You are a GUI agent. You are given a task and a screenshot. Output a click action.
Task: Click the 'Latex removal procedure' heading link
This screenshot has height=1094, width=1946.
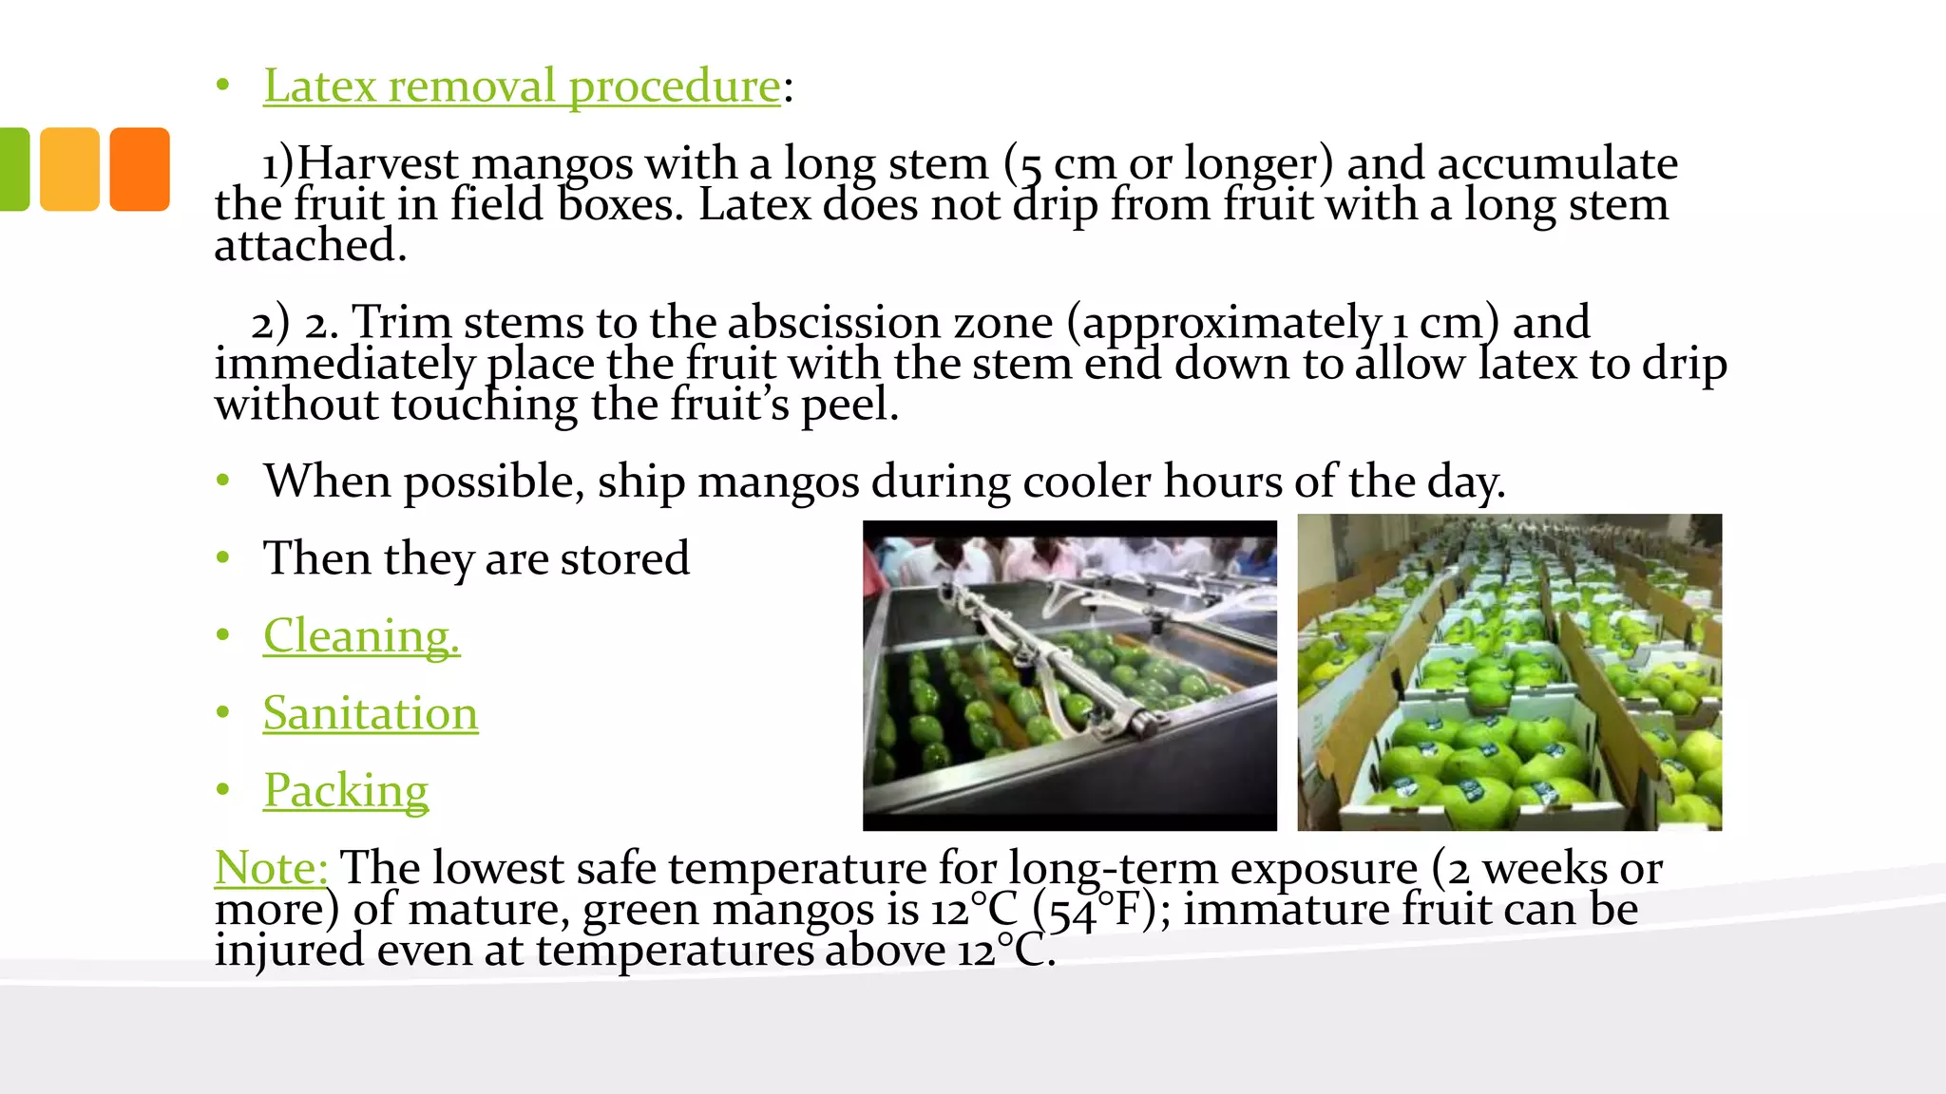[x=522, y=86]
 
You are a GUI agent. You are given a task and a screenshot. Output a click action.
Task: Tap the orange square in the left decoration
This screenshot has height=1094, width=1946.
[x=140, y=169]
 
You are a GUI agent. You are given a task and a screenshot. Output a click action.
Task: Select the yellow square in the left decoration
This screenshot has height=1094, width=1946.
[x=69, y=169]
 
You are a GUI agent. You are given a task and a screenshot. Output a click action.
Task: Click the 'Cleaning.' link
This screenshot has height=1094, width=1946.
[x=361, y=635]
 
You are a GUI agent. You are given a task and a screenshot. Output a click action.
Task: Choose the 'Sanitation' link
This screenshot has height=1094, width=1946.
[x=371, y=713]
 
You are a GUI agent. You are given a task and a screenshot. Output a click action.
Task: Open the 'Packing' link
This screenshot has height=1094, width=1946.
[x=346, y=790]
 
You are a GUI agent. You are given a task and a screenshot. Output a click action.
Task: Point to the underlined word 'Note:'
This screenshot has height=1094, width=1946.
[x=271, y=867]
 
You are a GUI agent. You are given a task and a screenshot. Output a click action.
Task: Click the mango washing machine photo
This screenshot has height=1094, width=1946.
[x=1069, y=675]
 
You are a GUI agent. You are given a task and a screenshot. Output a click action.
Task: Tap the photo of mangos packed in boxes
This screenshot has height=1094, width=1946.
[x=1509, y=672]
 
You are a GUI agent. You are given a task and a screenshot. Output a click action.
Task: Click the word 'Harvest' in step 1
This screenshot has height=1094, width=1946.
[x=378, y=163]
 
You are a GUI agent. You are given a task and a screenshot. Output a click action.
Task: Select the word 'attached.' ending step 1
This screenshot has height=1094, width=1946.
[x=311, y=245]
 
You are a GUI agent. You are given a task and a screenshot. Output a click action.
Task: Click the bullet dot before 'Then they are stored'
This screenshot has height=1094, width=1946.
[x=222, y=558]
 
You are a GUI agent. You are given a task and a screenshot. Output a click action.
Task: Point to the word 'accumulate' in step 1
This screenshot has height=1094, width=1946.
[x=1557, y=163]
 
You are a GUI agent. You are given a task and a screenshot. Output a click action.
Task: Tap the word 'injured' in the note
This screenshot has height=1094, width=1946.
[x=289, y=951]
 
